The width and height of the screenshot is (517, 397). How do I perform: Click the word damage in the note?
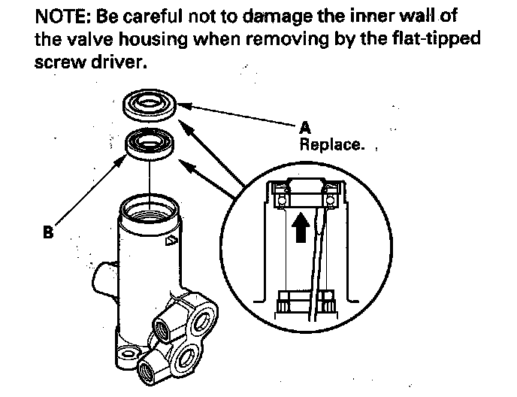(278, 17)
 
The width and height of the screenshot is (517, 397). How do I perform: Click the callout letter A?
(305, 127)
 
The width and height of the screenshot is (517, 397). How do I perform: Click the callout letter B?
(48, 232)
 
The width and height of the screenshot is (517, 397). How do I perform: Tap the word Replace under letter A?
(332, 145)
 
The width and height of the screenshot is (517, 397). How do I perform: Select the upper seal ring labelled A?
(150, 105)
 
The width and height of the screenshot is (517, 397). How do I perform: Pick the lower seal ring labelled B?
(150, 144)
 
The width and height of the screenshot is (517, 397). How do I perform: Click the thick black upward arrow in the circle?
(301, 227)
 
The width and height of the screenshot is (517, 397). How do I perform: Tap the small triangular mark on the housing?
(171, 241)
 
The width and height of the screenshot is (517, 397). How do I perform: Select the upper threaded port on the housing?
(163, 328)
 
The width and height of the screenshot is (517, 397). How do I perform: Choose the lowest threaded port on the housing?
(147, 371)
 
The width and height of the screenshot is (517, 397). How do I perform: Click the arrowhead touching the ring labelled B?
(119, 162)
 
